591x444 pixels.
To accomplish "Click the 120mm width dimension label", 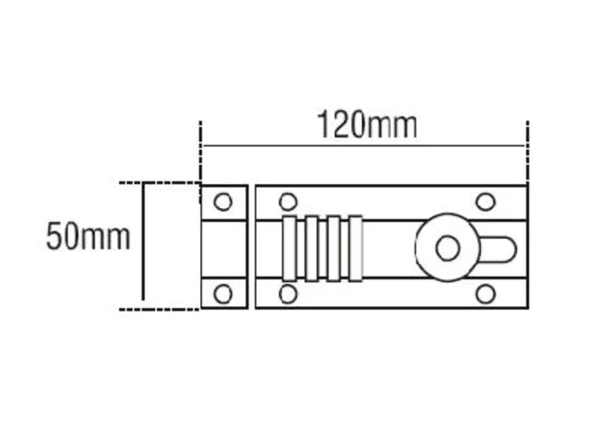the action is tap(368, 124).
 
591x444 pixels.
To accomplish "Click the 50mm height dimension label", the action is tap(88, 237).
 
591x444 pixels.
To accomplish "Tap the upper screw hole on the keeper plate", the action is tap(223, 202).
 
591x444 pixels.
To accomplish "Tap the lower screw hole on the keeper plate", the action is tap(223, 294).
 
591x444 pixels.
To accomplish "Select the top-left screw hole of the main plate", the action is tap(288, 202).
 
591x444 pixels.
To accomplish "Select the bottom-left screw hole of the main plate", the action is tap(288, 294).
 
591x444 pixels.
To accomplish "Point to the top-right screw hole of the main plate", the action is tap(486, 202).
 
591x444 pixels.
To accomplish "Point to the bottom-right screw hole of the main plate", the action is tap(486, 294).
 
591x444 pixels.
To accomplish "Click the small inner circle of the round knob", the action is tap(448, 249).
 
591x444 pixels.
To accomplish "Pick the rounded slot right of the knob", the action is tap(499, 249).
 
